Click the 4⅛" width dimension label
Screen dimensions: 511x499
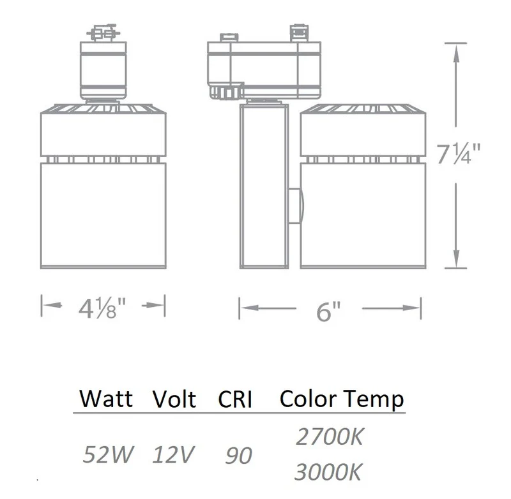[x=102, y=308]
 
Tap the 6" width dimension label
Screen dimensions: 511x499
[x=328, y=311]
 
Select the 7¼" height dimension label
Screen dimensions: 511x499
[x=459, y=154]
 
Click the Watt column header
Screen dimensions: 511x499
[x=106, y=398]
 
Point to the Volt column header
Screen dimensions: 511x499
[x=174, y=398]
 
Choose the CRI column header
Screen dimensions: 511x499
[x=235, y=399]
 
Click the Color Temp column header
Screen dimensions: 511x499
[x=342, y=399]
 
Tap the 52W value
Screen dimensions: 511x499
[x=108, y=454]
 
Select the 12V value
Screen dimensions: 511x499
[x=173, y=454]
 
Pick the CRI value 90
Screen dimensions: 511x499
[x=238, y=456]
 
